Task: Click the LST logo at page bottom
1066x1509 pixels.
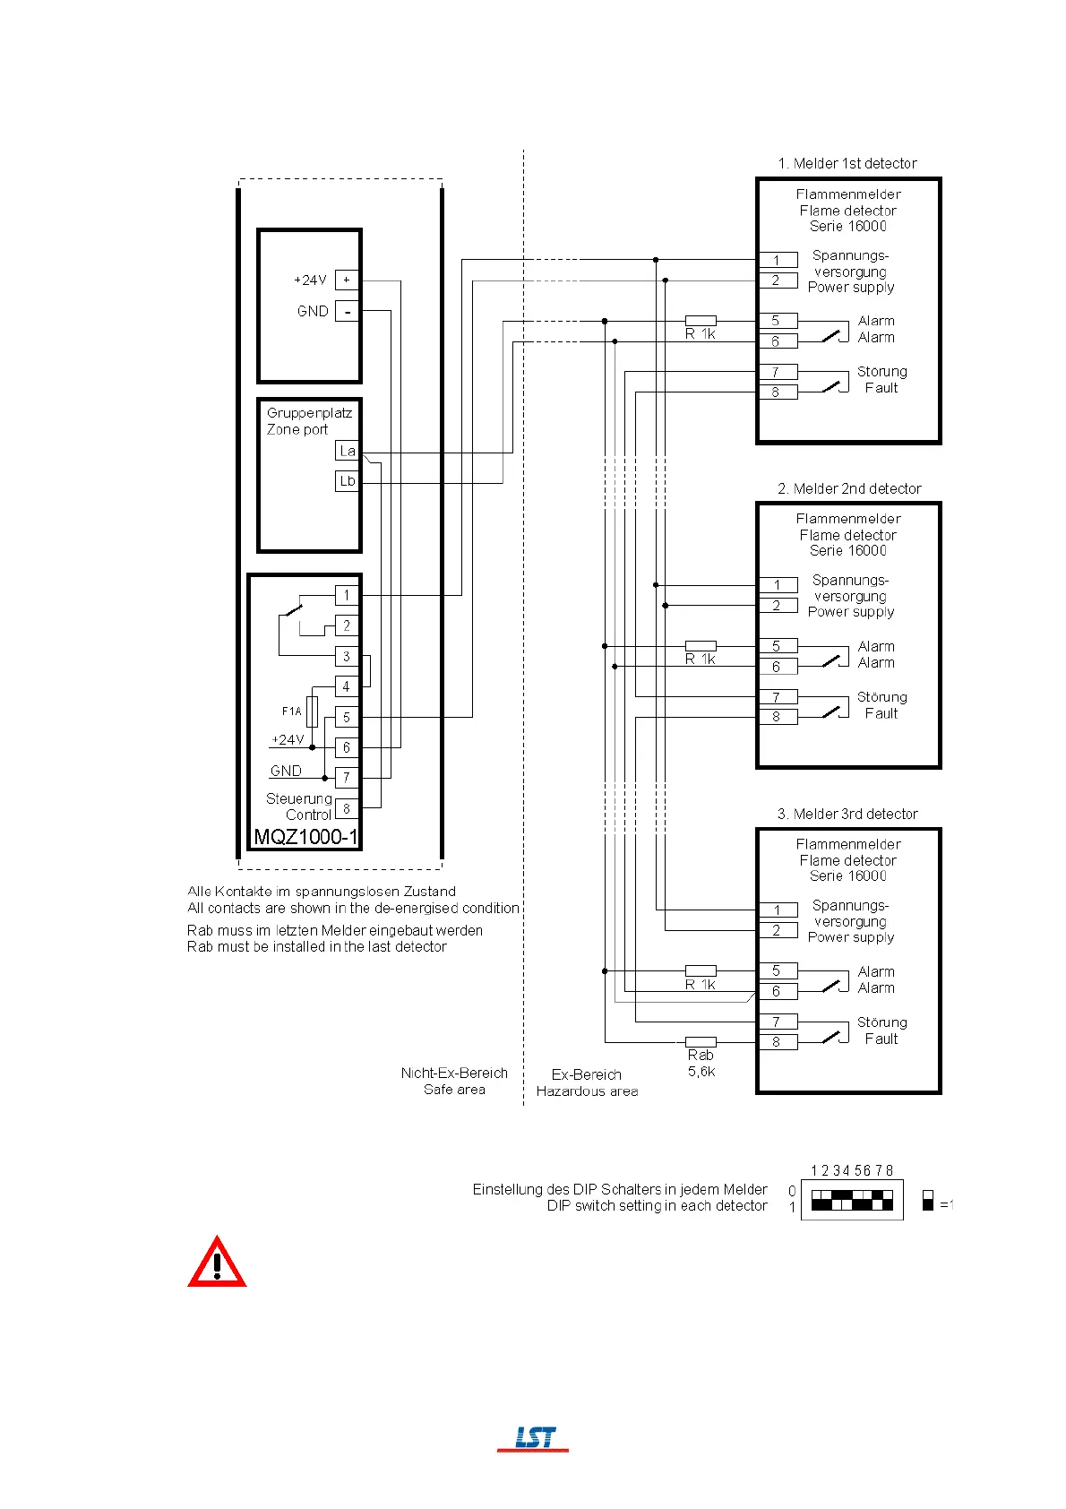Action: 534,1437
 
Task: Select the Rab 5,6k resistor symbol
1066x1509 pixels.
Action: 701,1042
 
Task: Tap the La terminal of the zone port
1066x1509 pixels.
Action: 348,451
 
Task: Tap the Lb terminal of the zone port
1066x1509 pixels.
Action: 348,481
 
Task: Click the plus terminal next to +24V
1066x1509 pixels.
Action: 347,280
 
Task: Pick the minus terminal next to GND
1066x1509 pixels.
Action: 347,312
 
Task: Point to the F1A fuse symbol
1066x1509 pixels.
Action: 312,711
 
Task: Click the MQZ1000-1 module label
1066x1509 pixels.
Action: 305,837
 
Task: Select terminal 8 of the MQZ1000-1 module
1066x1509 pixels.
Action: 347,808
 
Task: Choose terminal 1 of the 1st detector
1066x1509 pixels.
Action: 777,260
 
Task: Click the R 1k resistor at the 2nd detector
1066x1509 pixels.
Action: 701,645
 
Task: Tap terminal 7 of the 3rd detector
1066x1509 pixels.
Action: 777,1022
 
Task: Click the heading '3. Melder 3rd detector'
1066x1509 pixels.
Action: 847,814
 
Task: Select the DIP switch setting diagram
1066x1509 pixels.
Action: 852,1200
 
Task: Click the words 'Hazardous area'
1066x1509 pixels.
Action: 587,1091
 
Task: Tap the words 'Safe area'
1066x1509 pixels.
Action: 454,1090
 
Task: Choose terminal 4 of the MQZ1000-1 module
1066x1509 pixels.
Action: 347,686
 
